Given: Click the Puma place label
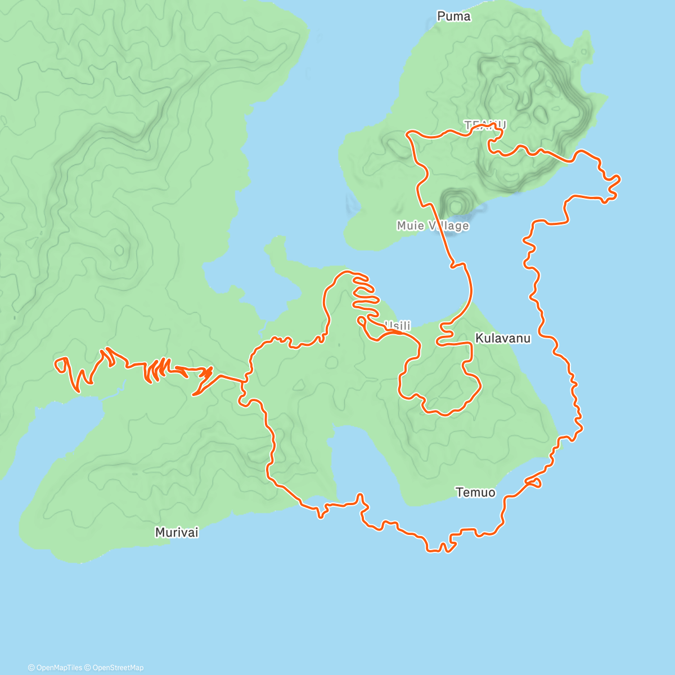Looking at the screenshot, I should click(453, 16).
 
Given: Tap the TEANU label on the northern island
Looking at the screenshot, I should click(485, 125).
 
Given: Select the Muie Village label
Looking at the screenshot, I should click(433, 226).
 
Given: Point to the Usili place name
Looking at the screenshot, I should click(398, 326).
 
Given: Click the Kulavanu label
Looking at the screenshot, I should click(502, 338).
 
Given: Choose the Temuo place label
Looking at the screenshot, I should click(475, 492).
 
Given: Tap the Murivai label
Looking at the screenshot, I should click(177, 532).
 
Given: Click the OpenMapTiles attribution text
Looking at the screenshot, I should click(55, 668).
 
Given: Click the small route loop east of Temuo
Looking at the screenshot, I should click(535, 482).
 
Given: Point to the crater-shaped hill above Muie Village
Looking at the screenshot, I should click(456, 202).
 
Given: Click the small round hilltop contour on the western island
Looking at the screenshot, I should click(119, 249).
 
